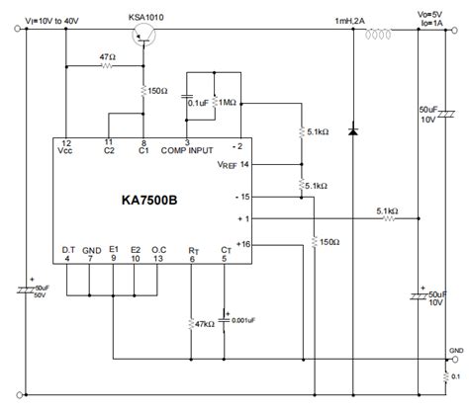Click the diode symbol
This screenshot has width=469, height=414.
(353, 129)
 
